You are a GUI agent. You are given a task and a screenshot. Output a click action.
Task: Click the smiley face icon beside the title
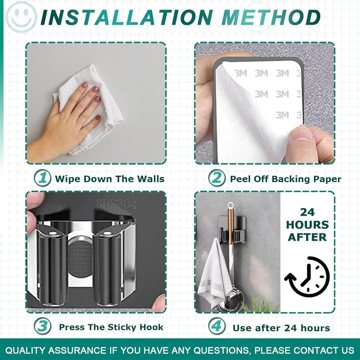(21, 17)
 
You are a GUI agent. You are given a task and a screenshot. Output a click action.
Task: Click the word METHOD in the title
(271, 17)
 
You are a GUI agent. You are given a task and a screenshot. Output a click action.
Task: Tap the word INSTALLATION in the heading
(126, 17)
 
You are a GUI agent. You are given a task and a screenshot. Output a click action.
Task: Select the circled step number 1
(43, 178)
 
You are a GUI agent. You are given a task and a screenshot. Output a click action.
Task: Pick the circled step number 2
(217, 178)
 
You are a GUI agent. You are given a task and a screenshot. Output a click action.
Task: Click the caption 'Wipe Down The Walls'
(110, 179)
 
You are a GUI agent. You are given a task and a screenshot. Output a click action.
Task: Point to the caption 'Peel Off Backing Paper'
(285, 179)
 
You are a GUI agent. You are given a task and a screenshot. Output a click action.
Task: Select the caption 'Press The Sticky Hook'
(111, 327)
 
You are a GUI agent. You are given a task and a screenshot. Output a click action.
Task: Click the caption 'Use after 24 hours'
(281, 328)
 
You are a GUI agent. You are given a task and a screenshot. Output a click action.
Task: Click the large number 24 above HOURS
(307, 212)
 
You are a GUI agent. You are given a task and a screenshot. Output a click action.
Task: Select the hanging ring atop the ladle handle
(230, 205)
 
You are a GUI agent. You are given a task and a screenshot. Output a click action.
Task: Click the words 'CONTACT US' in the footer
(324, 350)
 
